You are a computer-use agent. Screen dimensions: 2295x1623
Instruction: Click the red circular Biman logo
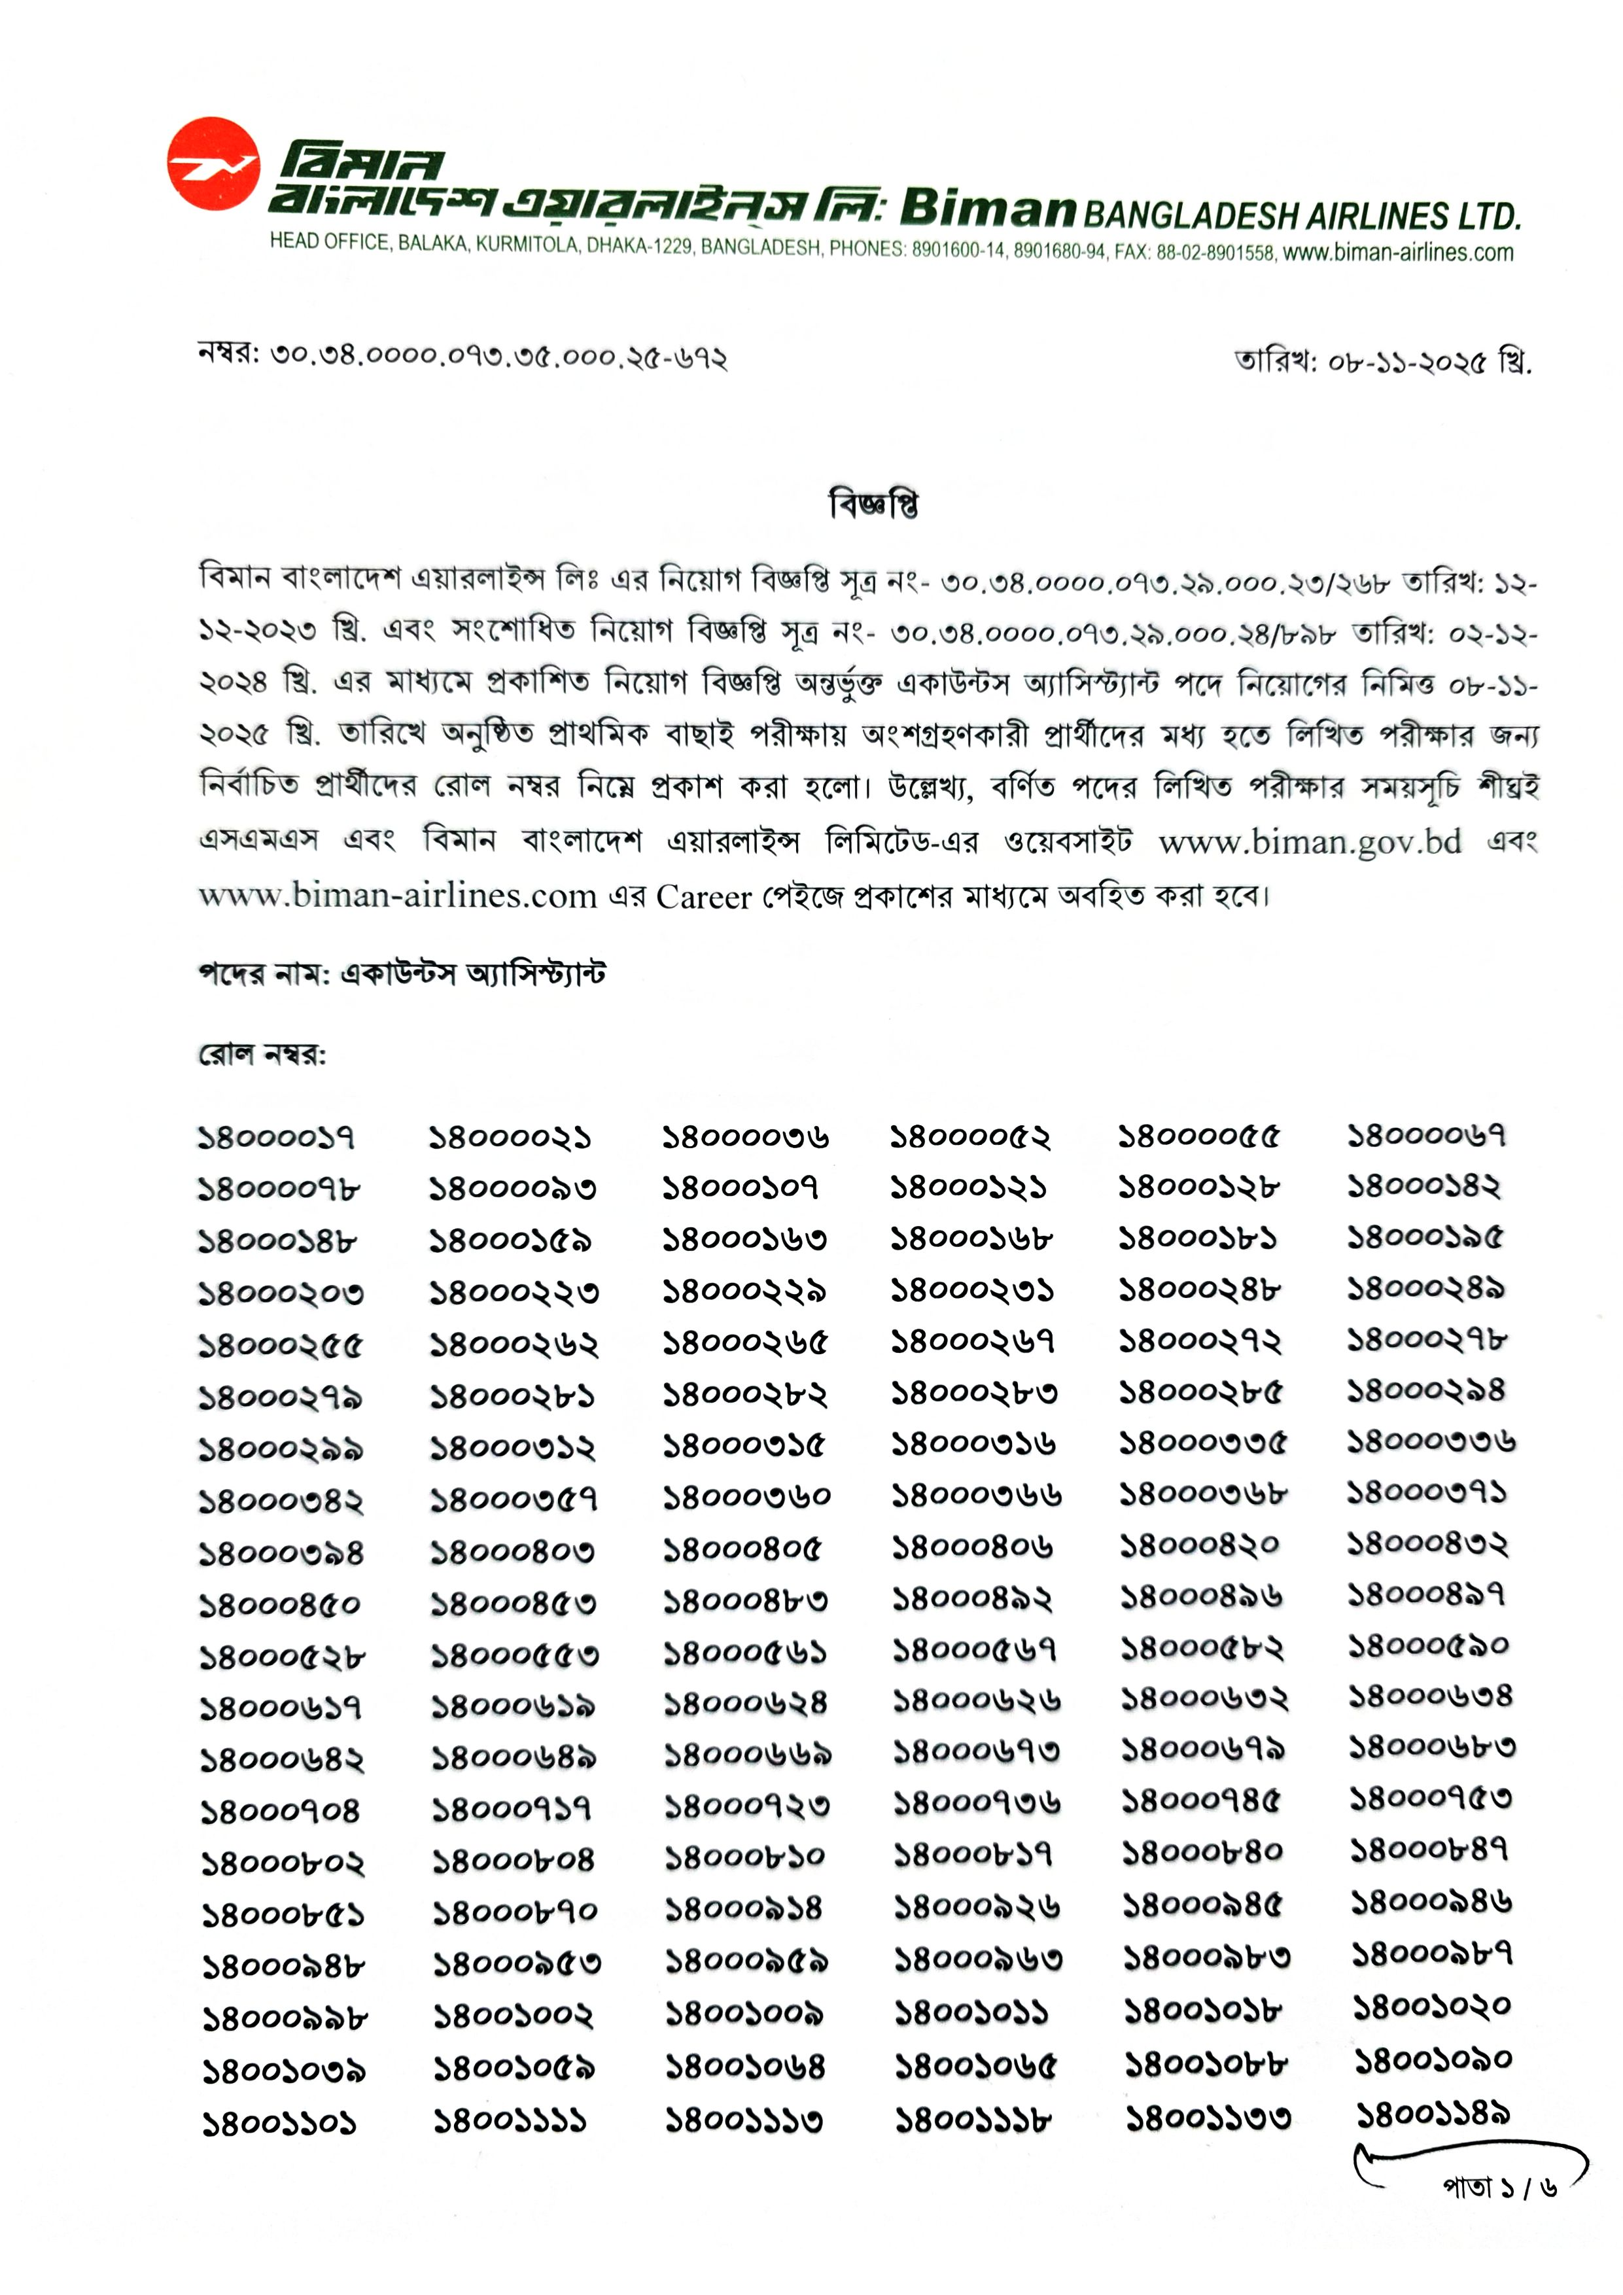click(213, 164)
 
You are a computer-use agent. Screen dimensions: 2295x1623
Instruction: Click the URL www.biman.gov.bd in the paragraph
click(1309, 841)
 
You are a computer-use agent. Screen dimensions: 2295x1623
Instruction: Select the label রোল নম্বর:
click(262, 1055)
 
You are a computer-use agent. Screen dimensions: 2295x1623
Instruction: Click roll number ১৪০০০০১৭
click(276, 1138)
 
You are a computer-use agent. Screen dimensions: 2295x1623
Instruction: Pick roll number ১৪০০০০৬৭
click(1426, 1136)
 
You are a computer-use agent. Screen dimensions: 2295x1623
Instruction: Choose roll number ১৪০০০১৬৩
click(744, 1240)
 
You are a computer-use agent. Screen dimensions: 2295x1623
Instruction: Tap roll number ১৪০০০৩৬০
click(746, 1498)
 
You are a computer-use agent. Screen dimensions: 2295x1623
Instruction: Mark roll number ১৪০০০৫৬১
click(746, 1653)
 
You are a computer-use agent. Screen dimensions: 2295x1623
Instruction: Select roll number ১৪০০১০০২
click(513, 2016)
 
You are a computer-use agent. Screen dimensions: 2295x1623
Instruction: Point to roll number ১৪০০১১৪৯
click(1432, 2114)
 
